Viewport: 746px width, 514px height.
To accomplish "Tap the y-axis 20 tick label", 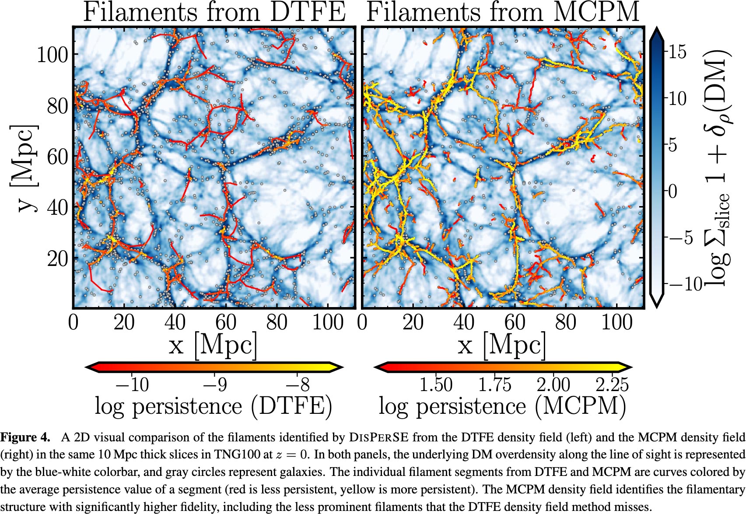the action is coord(57,259).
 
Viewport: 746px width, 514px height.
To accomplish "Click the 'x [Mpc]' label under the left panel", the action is coord(213,346).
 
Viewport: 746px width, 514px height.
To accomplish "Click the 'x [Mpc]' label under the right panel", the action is coord(502,346).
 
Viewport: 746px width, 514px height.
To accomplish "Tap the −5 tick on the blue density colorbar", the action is coord(681,238).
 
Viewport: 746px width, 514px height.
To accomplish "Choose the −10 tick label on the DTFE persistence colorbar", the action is coord(132,385).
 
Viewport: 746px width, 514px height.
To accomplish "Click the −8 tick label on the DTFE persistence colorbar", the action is coord(298,385).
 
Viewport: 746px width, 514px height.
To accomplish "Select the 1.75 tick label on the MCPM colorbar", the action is coord(494,385).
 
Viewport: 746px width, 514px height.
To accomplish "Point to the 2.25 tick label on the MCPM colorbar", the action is coord(612,385).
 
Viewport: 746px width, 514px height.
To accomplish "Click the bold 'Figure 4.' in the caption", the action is coord(25,437).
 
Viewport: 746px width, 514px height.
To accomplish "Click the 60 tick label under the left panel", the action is coord(226,322).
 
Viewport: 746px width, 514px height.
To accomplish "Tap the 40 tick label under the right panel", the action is coord(464,322).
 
